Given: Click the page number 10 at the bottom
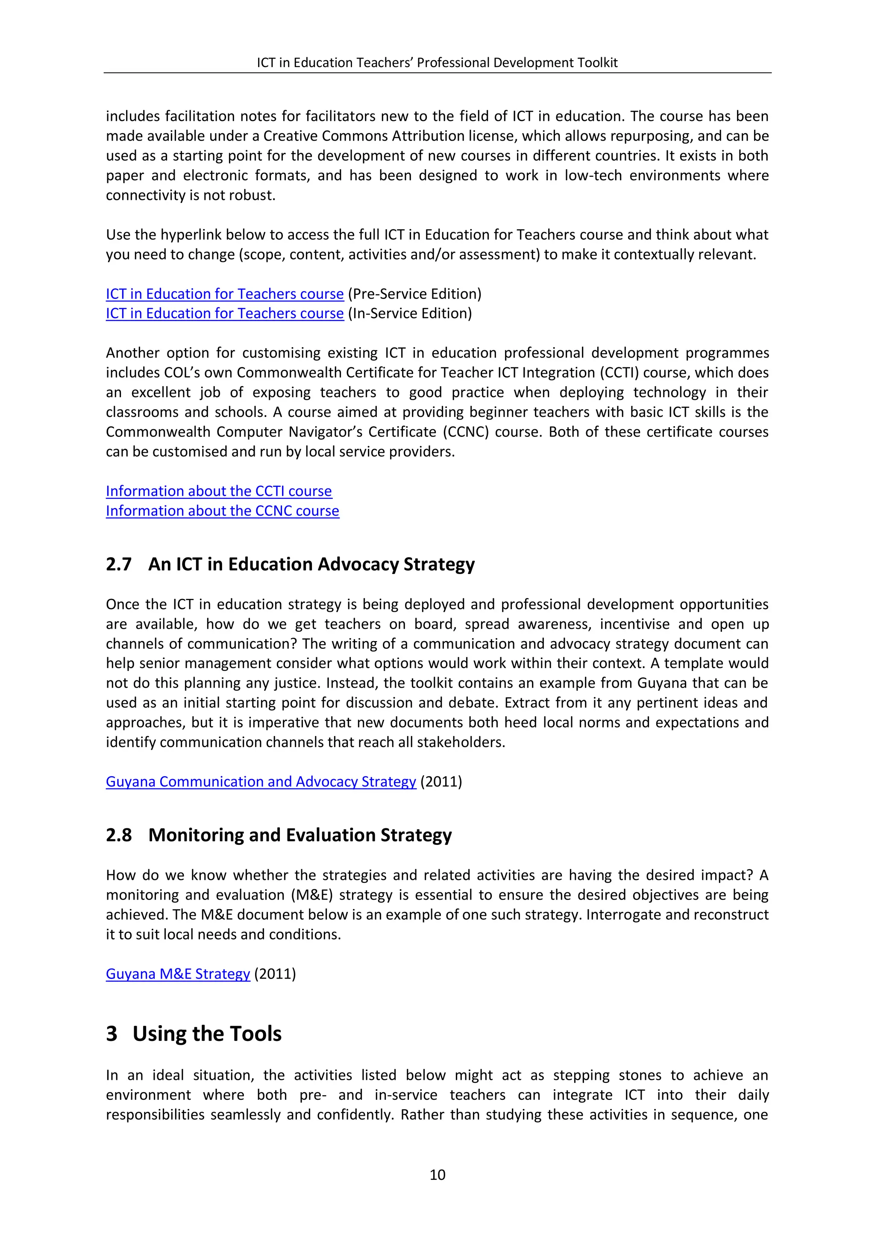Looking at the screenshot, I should click(437, 1175).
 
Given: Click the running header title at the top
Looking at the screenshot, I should click(437, 62).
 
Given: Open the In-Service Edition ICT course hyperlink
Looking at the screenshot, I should click(225, 314).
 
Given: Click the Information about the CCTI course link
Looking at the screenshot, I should click(219, 491).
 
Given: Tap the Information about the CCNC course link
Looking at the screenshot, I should click(223, 511).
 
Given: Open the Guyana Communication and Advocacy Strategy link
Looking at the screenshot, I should click(261, 781).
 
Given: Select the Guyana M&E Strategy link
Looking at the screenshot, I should click(178, 973).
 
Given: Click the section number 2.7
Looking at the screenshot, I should click(118, 564).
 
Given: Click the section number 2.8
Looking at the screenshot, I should click(118, 835).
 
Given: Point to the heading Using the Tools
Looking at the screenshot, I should click(207, 1033).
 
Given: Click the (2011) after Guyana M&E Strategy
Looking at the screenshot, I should click(275, 973).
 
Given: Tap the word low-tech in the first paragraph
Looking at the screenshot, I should click(593, 176).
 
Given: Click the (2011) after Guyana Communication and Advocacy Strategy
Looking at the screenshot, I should click(441, 781).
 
